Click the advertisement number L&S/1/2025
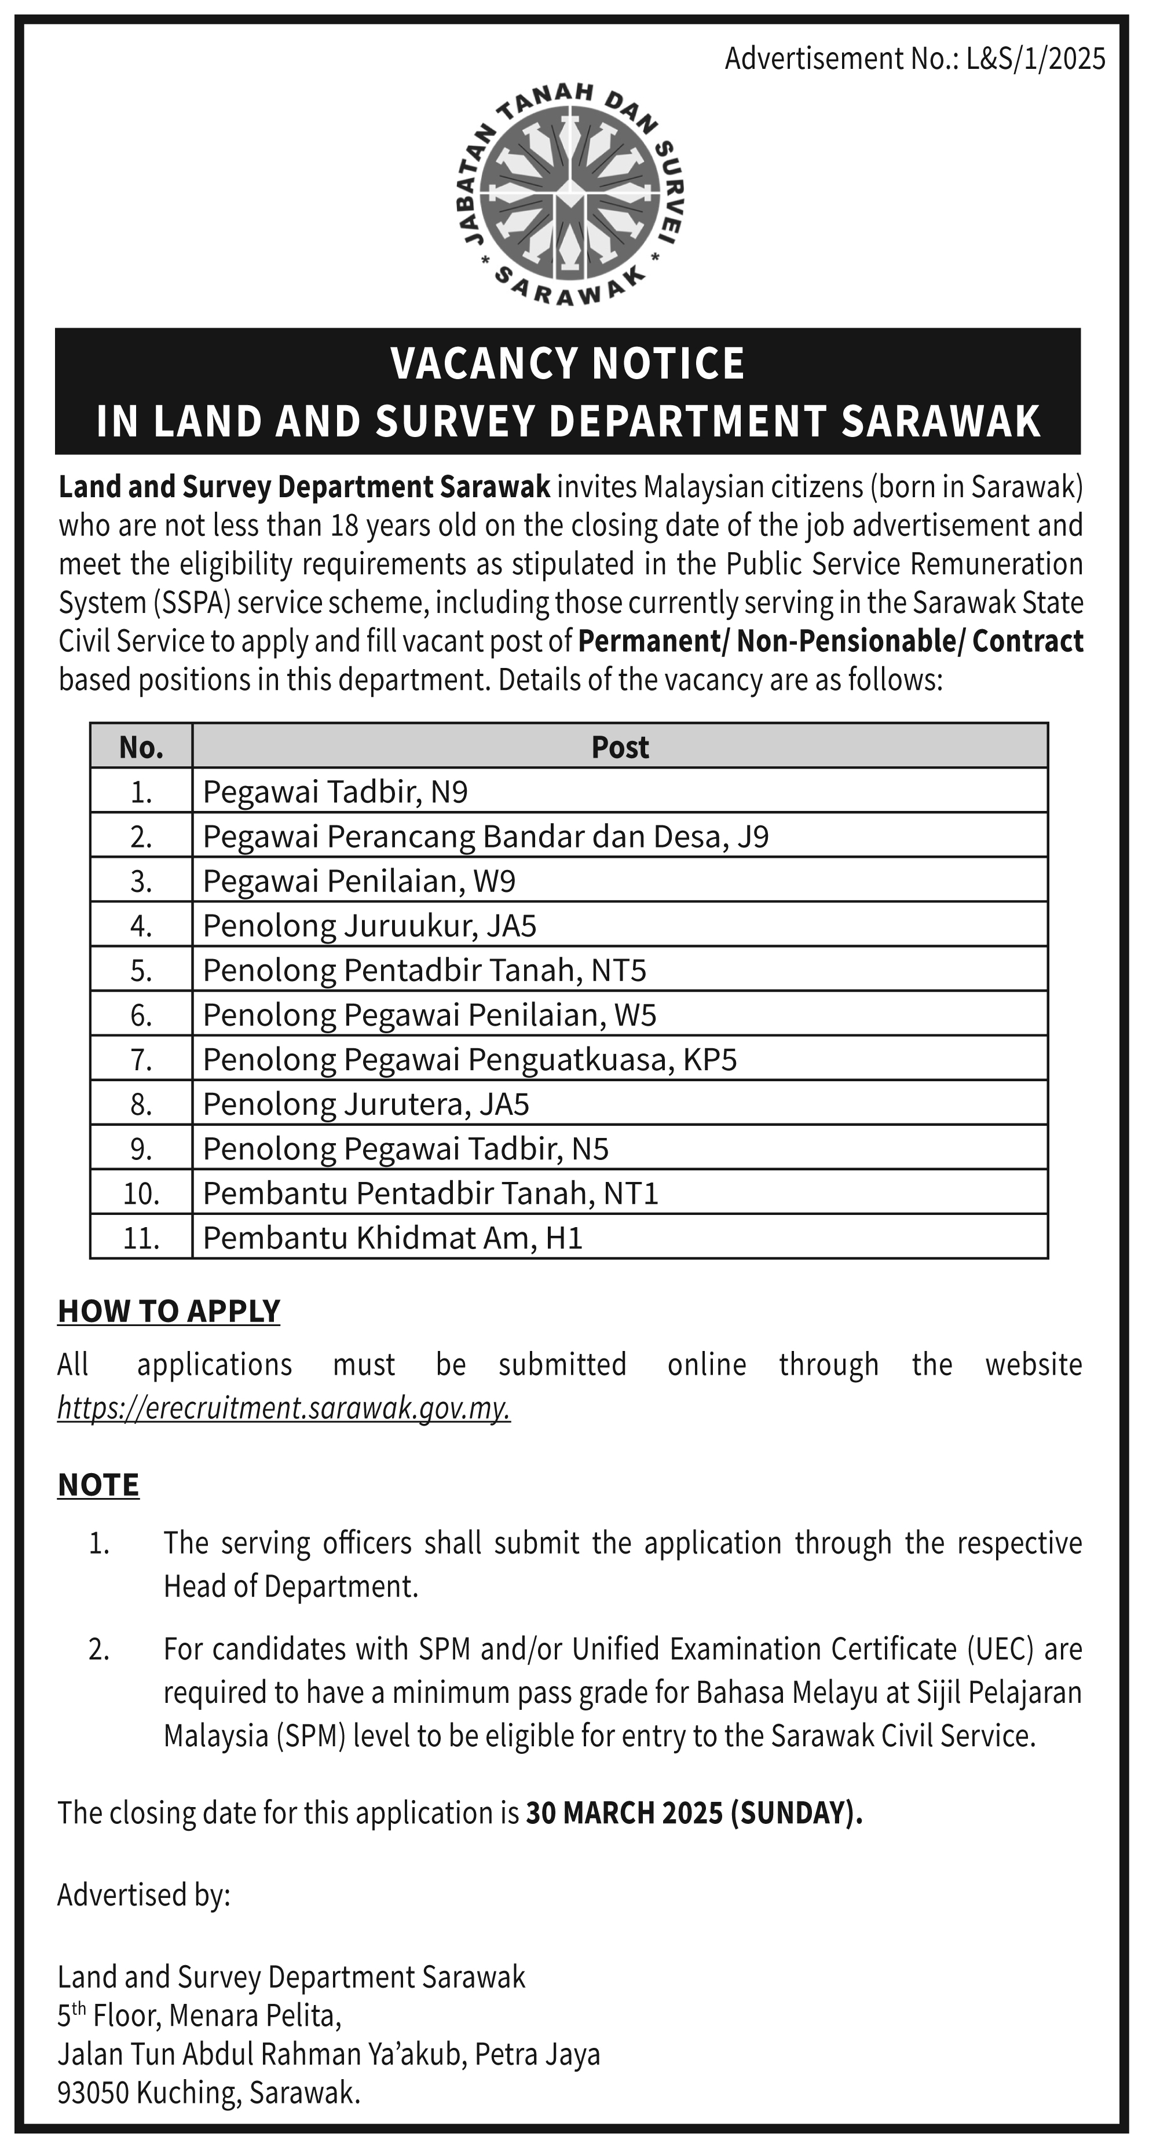[x=1035, y=59]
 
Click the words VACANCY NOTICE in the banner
[x=567, y=363]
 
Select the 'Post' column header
[x=620, y=747]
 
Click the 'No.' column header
[x=141, y=747]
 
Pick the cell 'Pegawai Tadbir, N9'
[x=335, y=791]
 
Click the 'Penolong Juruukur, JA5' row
[x=369, y=926]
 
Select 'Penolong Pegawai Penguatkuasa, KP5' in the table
[x=470, y=1059]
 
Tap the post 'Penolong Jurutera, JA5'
[x=366, y=1104]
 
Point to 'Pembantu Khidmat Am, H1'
[x=392, y=1238]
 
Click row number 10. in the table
[x=141, y=1194]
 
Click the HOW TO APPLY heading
[x=169, y=1312]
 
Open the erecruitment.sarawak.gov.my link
[x=284, y=1408]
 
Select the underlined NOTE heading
[x=98, y=1485]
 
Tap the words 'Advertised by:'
[x=144, y=1895]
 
